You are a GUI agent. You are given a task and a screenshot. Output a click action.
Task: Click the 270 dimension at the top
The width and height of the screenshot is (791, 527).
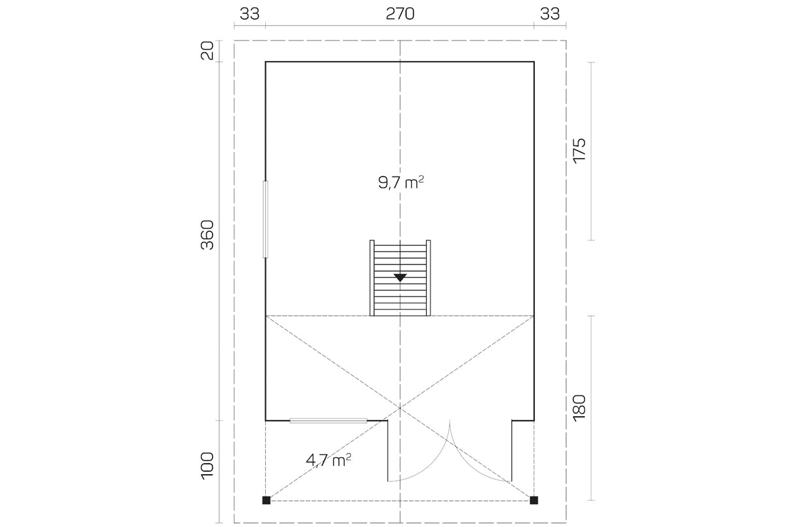400,14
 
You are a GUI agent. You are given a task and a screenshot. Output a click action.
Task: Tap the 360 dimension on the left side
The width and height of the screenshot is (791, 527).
207,235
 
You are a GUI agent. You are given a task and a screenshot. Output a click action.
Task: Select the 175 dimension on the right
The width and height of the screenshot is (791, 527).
579,150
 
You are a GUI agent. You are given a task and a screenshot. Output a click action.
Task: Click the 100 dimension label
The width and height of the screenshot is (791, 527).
207,466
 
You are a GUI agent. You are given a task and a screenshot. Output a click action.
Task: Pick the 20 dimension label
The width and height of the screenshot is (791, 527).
207,51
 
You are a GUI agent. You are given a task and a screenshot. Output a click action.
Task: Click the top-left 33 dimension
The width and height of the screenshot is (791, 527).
250,14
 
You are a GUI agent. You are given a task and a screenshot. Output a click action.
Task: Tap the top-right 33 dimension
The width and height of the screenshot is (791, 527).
550,14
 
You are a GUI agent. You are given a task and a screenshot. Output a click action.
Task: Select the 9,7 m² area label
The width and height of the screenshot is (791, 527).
401,183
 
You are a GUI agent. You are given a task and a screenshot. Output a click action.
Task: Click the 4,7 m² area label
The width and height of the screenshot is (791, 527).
328,460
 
